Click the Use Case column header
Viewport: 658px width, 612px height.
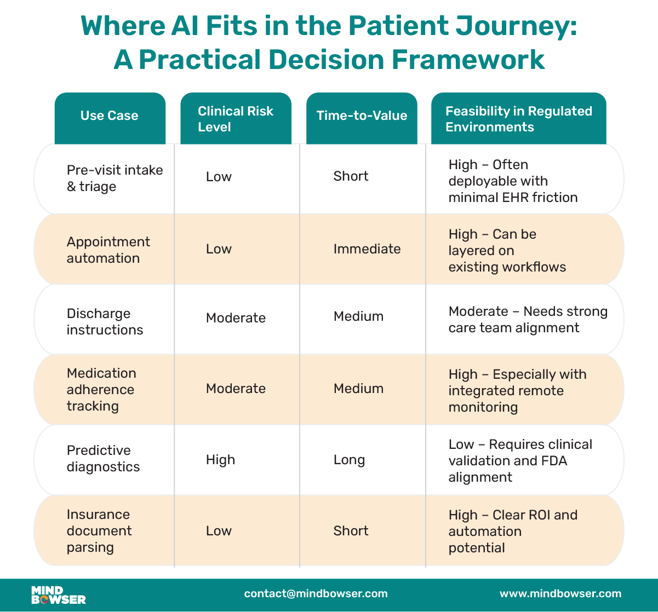pos(110,116)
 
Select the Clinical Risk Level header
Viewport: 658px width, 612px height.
pos(236,119)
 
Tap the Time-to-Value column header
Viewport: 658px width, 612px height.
pos(362,116)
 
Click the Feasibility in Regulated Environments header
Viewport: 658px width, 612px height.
pos(518,119)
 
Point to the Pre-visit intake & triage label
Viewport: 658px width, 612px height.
pos(115,178)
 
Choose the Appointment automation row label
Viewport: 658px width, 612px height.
pos(108,250)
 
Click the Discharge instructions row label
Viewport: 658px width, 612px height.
pos(105,321)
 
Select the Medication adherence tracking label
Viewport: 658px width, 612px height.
pos(101,389)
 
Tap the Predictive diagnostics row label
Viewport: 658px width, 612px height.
pos(103,459)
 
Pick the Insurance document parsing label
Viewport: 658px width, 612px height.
pos(99,530)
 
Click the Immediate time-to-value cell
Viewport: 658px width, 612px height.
pos(367,249)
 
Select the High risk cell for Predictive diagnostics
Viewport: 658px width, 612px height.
pos(220,460)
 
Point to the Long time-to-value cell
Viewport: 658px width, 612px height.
pos(349,460)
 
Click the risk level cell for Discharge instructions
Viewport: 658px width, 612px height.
pos(236,318)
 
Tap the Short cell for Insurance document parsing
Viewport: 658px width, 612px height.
pos(351,530)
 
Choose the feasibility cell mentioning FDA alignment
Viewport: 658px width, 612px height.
pos(520,460)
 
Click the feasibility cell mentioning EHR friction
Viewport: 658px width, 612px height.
pos(513,181)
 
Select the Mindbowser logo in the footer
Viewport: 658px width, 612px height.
pos(59,594)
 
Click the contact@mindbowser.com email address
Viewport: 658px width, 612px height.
pos(316,594)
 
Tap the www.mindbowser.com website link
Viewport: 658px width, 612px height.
pos(560,594)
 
